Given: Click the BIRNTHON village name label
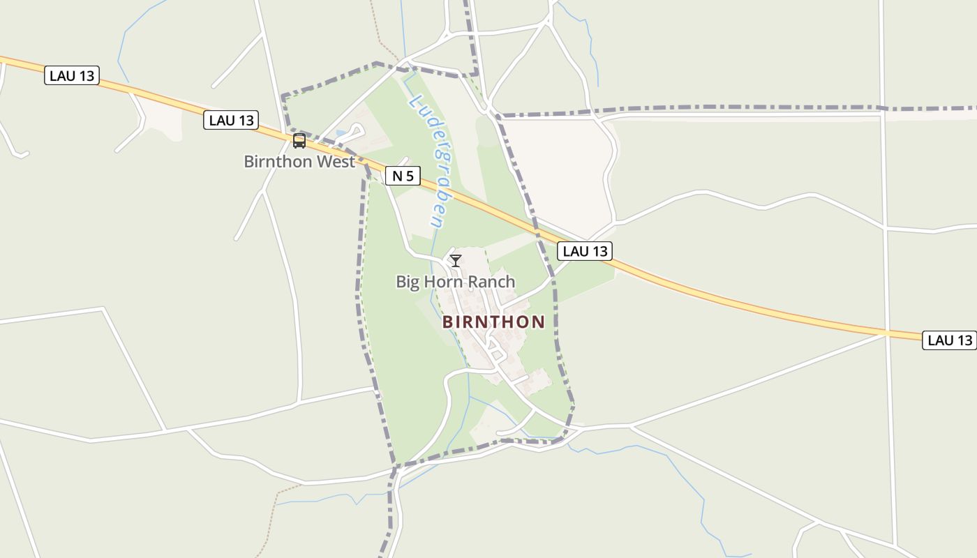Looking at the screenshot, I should (x=493, y=322).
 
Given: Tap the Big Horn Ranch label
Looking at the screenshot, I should (x=456, y=282).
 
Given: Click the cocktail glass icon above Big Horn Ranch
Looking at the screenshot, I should (x=456, y=261).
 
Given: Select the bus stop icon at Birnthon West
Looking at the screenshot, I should (x=299, y=141).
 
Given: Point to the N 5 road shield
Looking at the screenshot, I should (x=403, y=176).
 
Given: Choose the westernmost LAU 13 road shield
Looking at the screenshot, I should (x=72, y=75).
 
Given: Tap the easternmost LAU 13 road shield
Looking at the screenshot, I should (x=949, y=340).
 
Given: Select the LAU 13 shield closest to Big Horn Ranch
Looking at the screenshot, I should (x=585, y=251).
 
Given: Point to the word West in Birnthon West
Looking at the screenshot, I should (x=338, y=161).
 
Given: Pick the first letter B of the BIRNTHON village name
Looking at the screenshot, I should (x=447, y=322).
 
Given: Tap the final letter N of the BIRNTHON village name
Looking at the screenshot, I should (x=538, y=322).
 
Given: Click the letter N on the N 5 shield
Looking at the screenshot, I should (x=397, y=176).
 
